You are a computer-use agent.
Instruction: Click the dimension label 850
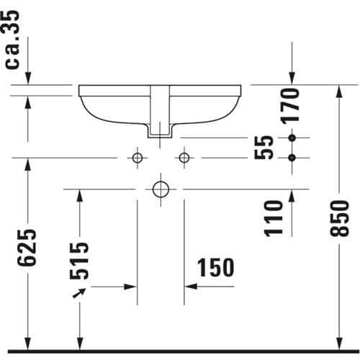pos(340,218)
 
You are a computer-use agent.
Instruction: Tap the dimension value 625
pos(27,248)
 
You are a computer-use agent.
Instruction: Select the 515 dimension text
pos(79,261)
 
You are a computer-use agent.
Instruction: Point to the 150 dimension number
pos(215,267)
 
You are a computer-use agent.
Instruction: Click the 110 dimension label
pos(274,218)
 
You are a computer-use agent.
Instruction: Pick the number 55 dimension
pos(264,148)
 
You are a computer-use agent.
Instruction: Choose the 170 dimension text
pos(290,106)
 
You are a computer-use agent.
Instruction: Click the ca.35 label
pos(12,40)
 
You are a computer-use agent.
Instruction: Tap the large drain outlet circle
pos(161,189)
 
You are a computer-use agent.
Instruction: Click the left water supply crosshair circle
pos(138,158)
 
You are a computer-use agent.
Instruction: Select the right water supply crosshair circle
pos(184,158)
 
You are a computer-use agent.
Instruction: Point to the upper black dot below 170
pos(292,138)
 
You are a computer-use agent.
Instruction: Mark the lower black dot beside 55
pos(292,158)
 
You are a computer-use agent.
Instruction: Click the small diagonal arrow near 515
pos(79,293)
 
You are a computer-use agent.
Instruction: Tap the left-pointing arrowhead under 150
pos(191,287)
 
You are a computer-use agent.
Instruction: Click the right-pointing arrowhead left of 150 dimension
pos(130,287)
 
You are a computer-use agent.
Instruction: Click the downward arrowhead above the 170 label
pos(292,78)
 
